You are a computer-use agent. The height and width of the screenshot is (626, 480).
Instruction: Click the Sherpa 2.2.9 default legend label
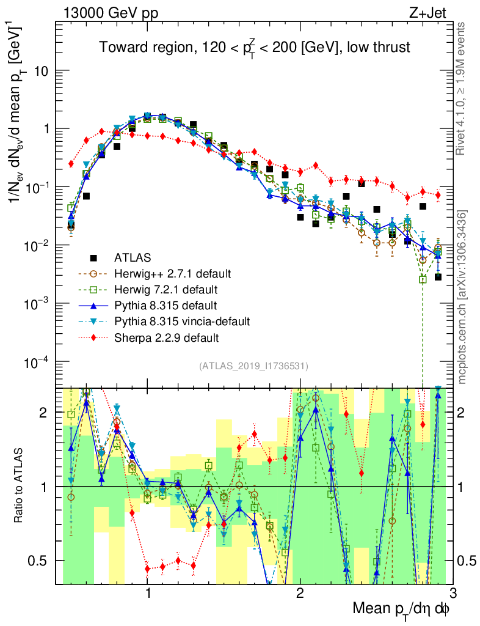[166, 337]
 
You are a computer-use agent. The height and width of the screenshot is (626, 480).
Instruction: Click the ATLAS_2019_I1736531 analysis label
[253, 366]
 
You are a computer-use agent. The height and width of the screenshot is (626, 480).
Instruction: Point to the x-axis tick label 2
[300, 594]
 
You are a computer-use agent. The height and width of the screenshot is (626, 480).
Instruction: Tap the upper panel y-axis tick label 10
[40, 71]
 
